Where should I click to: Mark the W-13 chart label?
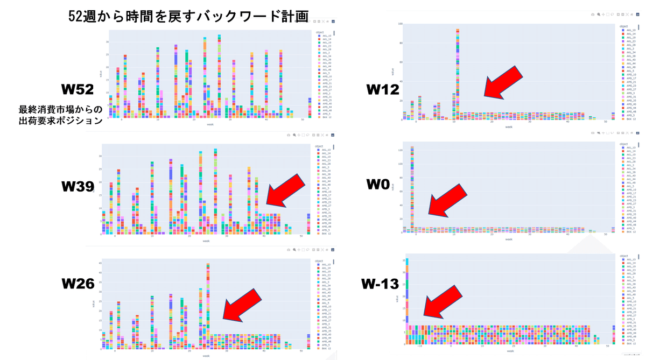tap(382, 283)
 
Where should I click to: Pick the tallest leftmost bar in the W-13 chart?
tap(407, 291)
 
